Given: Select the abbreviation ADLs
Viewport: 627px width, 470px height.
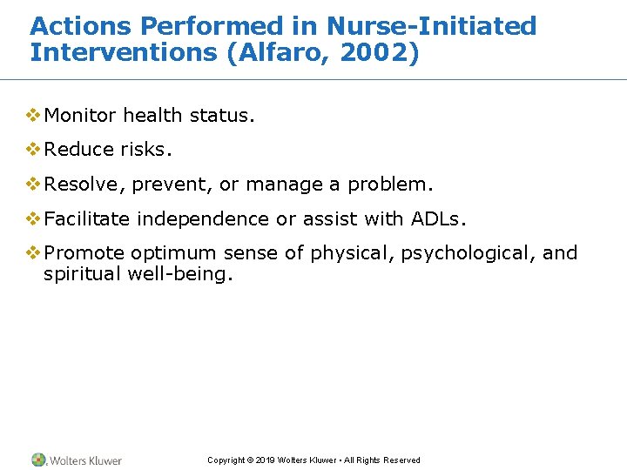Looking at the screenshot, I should (x=444, y=219).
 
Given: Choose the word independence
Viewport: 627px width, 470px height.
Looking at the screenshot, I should (x=204, y=219).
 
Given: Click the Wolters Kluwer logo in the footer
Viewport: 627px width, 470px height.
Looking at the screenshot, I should (x=77, y=460).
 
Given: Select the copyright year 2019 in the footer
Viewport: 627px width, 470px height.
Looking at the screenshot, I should (x=266, y=460).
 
